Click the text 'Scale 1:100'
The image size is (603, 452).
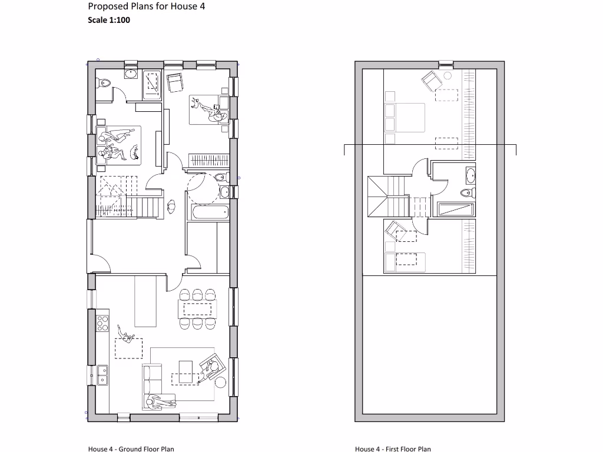click(x=109, y=20)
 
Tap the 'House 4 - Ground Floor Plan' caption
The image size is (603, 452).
click(x=131, y=448)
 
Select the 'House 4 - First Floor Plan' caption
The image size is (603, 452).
click(x=393, y=448)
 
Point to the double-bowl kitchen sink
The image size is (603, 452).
click(x=102, y=374)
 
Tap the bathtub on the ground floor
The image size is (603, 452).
click(x=207, y=212)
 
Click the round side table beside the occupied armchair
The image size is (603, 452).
click(x=220, y=383)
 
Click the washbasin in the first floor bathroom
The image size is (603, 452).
click(x=470, y=175)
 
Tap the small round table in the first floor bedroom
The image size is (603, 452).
click(x=447, y=75)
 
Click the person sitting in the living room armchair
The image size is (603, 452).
click(x=212, y=368)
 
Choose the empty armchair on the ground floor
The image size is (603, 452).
click(x=175, y=83)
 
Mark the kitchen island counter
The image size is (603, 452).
click(x=145, y=300)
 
